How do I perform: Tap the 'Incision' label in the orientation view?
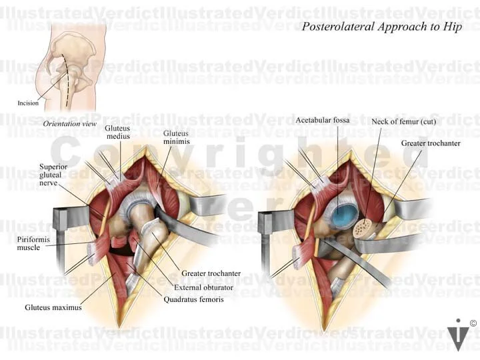click(x=28, y=103)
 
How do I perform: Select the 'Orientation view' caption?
click(x=69, y=124)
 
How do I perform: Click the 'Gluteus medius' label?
click(x=117, y=133)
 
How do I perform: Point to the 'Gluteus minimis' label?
click(x=176, y=137)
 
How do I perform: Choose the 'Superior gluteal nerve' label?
click(x=53, y=175)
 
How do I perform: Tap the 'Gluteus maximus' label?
click(x=53, y=307)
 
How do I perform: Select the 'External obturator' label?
click(x=202, y=287)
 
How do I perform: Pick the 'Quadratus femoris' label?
click(x=194, y=299)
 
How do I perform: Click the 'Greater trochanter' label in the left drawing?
click(x=211, y=273)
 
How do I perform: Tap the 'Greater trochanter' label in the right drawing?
click(x=430, y=143)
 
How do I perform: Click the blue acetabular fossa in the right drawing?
click(x=345, y=215)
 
